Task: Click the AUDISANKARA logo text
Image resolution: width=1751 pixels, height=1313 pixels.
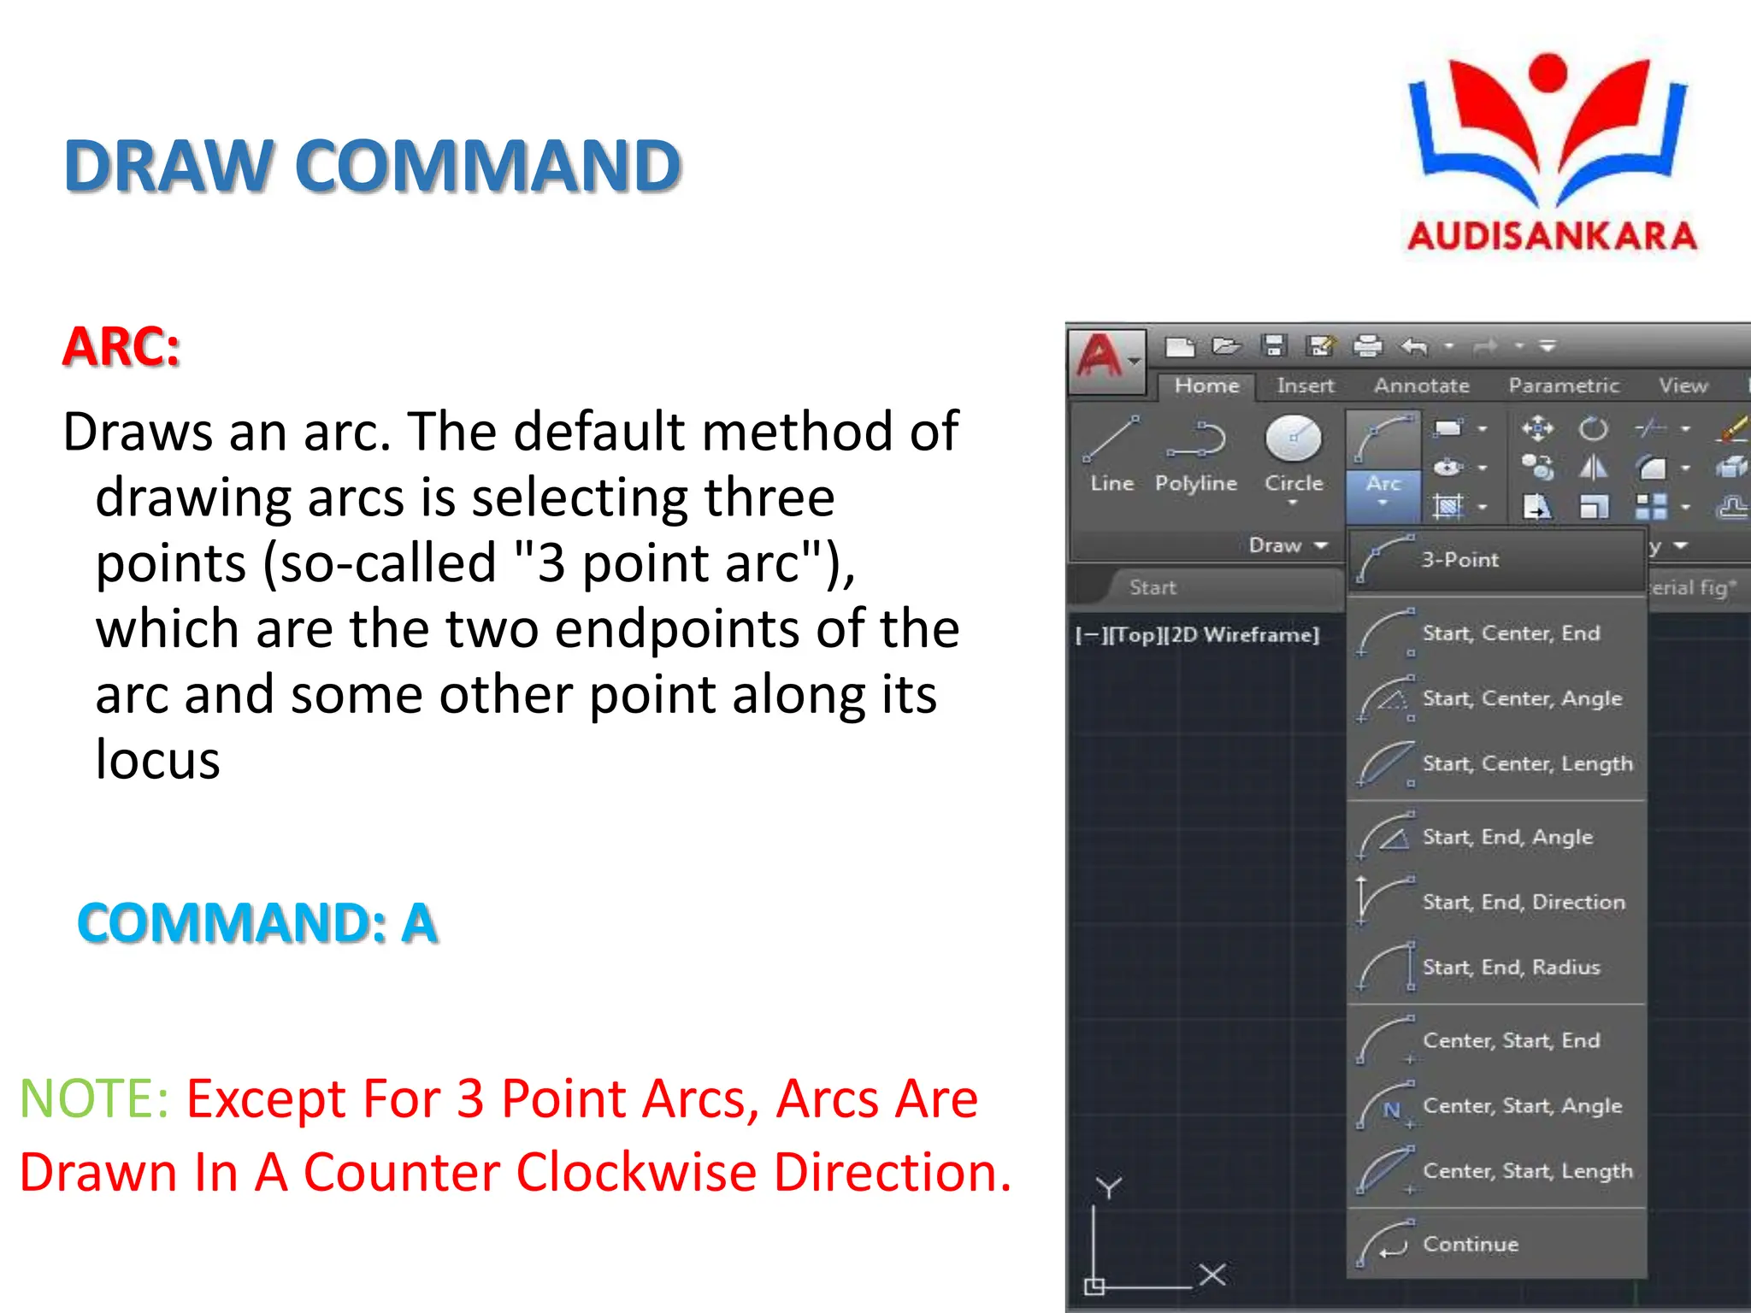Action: click(1552, 236)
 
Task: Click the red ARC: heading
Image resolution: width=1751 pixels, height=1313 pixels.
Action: click(121, 347)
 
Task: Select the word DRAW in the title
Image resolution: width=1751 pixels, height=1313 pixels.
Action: click(168, 166)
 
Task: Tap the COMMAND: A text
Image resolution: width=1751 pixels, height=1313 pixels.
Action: click(257, 923)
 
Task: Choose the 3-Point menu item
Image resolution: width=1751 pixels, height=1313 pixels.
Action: click(1459, 560)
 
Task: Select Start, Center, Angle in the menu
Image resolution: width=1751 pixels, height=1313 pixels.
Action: click(1521, 698)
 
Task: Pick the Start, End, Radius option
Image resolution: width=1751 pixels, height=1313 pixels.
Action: click(1510, 967)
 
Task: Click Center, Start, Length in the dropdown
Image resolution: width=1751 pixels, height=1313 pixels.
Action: click(1527, 1170)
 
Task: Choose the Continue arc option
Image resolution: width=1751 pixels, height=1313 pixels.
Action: click(1470, 1244)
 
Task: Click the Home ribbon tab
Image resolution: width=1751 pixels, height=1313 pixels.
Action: click(1206, 386)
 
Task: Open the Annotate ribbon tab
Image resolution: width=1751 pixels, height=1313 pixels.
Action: click(1421, 386)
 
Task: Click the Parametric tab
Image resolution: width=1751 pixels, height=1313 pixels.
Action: click(1563, 386)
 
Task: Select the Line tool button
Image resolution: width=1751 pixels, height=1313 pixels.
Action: click(1111, 453)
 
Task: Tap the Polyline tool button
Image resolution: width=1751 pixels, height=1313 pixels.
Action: click(1195, 453)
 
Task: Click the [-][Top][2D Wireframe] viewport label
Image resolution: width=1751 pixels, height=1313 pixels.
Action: click(1197, 635)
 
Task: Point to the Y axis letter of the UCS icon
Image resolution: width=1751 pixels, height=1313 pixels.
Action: click(1109, 1187)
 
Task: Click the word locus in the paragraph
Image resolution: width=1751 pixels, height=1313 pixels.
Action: click(157, 760)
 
